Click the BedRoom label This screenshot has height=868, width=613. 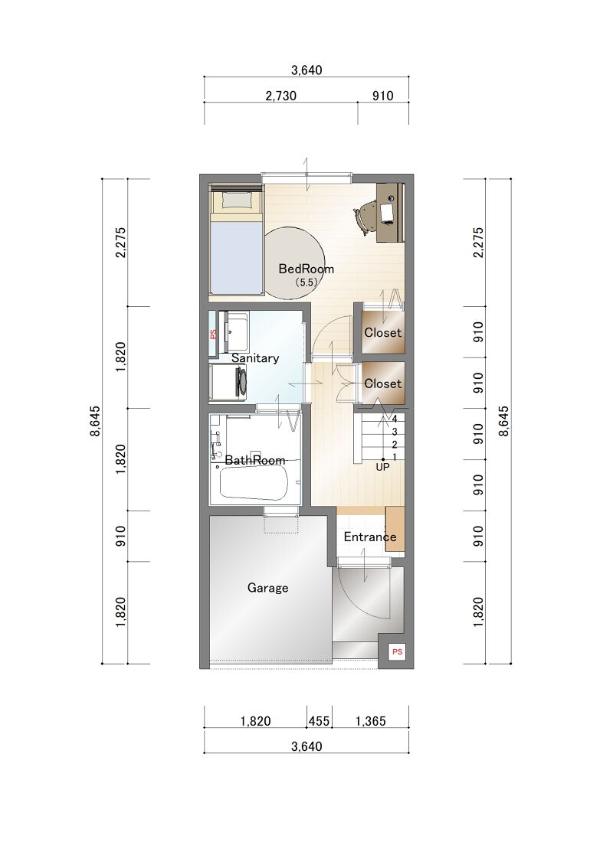(306, 269)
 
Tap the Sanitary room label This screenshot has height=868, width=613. (255, 358)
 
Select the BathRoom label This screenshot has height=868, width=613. (255, 460)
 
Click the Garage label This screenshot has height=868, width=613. (267, 588)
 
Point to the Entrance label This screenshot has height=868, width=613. (369, 537)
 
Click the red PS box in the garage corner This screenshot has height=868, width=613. (397, 651)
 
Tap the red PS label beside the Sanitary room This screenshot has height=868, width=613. (213, 334)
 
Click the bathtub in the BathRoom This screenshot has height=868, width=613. (254, 483)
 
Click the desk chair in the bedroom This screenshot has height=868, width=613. (366, 217)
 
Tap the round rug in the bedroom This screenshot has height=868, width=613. (292, 263)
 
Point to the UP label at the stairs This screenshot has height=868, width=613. (382, 467)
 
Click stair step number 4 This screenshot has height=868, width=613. (395, 419)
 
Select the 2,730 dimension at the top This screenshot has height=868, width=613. (281, 96)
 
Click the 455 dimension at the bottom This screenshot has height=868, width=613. (319, 721)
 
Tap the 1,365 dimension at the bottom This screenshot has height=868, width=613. (370, 721)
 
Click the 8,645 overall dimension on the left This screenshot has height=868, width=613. (95, 421)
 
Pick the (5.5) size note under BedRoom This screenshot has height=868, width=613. (306, 282)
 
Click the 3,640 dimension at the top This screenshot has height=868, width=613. (306, 70)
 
